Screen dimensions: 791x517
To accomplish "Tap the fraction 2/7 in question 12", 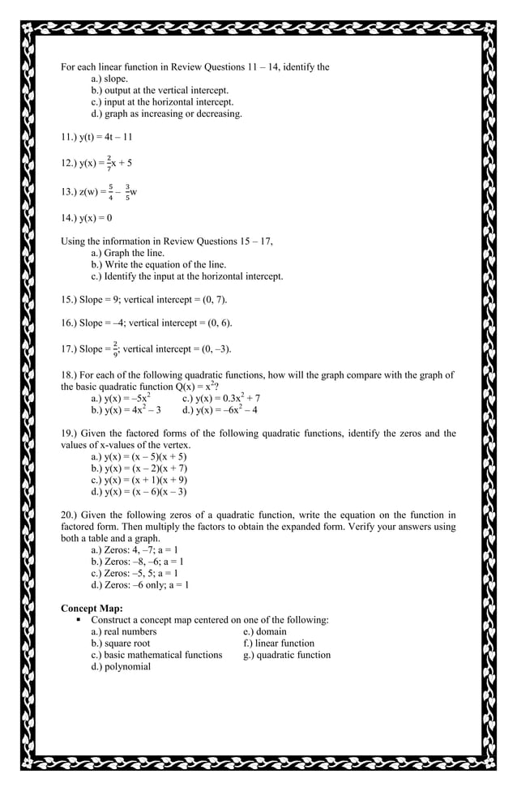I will point(109,162).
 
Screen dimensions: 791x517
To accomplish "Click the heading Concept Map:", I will point(92,608).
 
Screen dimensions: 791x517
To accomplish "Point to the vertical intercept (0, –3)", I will point(214,349).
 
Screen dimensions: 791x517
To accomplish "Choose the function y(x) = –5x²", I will point(130,398).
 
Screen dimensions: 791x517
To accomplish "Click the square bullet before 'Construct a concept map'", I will point(79,620).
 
